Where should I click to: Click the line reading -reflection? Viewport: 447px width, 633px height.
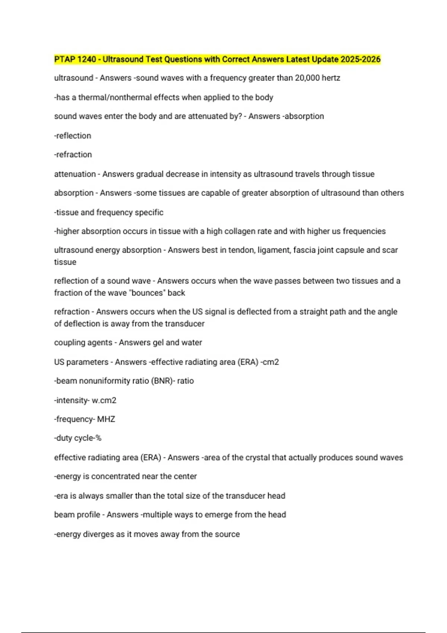[x=73, y=136]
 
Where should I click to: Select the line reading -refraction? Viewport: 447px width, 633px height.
[x=73, y=155]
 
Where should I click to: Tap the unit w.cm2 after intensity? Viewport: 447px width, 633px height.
[x=104, y=401]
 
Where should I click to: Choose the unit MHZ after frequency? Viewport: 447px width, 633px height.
[x=106, y=419]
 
